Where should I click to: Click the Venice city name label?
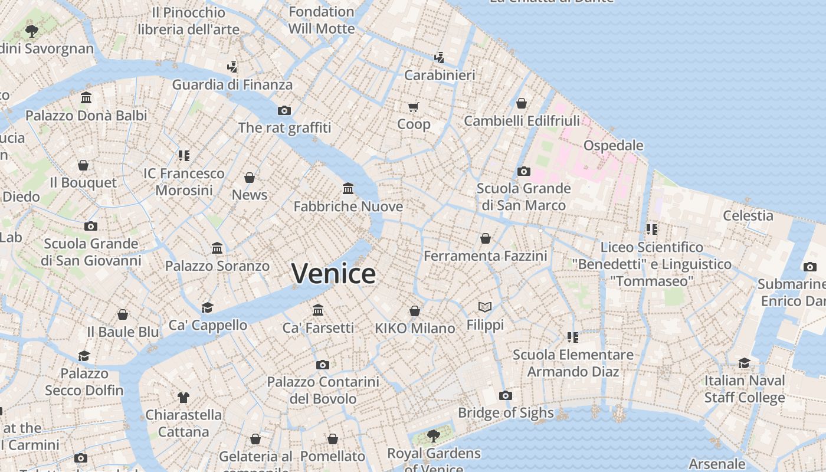[x=333, y=274]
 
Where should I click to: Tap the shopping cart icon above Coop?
[x=414, y=107]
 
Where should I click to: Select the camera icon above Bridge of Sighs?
[x=506, y=395]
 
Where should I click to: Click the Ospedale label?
[x=613, y=145]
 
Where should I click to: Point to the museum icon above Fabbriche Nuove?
[x=348, y=189]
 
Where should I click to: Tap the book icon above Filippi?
[x=485, y=307]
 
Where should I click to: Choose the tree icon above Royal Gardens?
[x=434, y=436]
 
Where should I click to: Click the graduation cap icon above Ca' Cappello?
[x=207, y=307]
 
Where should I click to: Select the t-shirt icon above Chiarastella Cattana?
[x=183, y=397]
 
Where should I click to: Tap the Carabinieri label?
[x=440, y=76]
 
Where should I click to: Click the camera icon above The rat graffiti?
[x=284, y=110]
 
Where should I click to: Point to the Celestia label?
[x=748, y=215]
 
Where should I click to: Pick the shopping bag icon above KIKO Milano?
[x=415, y=311]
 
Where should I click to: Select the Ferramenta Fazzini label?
[x=486, y=256]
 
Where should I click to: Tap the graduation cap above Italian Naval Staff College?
[x=745, y=363]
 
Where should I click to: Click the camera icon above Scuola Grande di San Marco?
[x=523, y=172]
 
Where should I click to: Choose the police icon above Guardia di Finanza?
[x=232, y=67]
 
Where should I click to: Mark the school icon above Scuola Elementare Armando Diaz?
[x=572, y=337]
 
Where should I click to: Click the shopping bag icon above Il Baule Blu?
[x=123, y=314]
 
